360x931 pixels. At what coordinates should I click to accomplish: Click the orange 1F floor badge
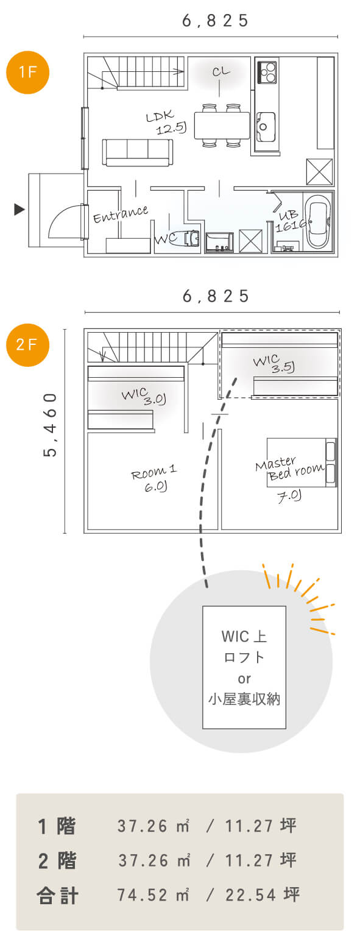(x=27, y=73)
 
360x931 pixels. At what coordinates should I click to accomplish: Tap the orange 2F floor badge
(x=27, y=345)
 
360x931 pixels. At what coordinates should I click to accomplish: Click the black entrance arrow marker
(x=19, y=210)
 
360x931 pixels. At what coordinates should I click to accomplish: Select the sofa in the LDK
(x=138, y=152)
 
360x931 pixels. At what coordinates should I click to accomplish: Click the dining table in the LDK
(x=222, y=125)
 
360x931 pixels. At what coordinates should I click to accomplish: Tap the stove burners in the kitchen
(x=267, y=72)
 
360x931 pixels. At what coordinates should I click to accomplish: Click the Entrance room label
(x=120, y=214)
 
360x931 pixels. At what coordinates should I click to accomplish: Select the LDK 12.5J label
(x=166, y=122)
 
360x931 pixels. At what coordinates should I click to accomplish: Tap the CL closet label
(x=221, y=71)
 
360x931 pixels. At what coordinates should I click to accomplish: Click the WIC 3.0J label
(x=144, y=396)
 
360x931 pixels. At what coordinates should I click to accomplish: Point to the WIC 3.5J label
(x=274, y=364)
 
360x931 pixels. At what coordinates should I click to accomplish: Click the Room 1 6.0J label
(x=154, y=478)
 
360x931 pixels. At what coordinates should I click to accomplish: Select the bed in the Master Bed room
(x=302, y=462)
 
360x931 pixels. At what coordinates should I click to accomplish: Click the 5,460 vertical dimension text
(x=51, y=425)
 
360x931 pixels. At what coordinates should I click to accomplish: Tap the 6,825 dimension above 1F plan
(x=216, y=21)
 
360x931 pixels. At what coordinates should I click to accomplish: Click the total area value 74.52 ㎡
(x=154, y=894)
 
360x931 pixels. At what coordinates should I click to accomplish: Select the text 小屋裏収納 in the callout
(x=244, y=699)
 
